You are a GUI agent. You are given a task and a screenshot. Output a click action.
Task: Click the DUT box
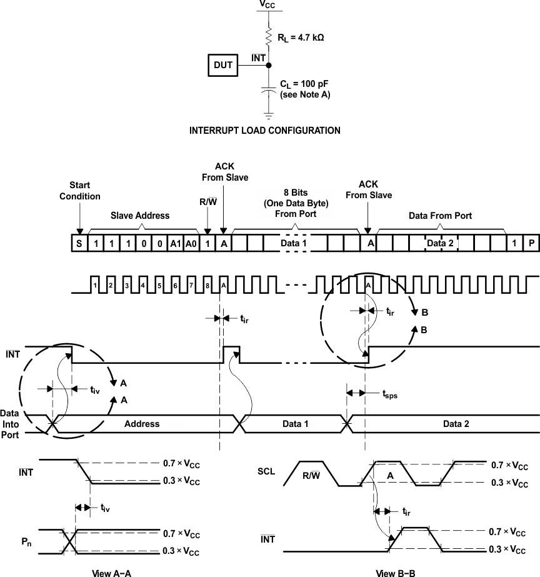coord(223,64)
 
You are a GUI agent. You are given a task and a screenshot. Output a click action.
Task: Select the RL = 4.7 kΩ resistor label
coord(301,37)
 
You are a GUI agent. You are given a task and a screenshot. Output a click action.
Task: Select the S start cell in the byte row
coord(79,244)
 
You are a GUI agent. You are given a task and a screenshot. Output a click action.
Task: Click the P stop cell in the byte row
coord(531,244)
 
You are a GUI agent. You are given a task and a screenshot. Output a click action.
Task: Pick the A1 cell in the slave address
coord(176,244)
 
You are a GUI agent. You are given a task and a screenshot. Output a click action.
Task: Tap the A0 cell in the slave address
coord(191,244)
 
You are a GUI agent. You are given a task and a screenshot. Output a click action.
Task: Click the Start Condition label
coord(79,191)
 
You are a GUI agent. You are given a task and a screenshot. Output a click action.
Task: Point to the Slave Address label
coord(140,216)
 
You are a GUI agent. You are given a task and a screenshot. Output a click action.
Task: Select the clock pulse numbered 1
coord(95,286)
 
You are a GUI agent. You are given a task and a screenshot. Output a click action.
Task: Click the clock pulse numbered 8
coord(207,286)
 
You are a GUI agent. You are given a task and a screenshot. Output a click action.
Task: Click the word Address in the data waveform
coord(142,423)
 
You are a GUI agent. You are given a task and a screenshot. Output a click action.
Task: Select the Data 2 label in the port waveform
coord(456,423)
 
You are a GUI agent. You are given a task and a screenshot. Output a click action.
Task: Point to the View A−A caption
coord(110,572)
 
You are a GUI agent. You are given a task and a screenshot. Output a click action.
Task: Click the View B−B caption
coord(395,572)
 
